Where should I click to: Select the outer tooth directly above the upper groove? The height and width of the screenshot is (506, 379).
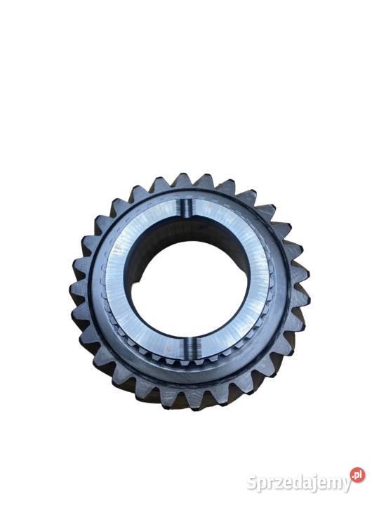[x=184, y=181]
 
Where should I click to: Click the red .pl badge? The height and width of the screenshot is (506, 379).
[x=358, y=474]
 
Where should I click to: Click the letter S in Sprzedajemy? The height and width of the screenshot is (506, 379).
[x=253, y=484]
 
